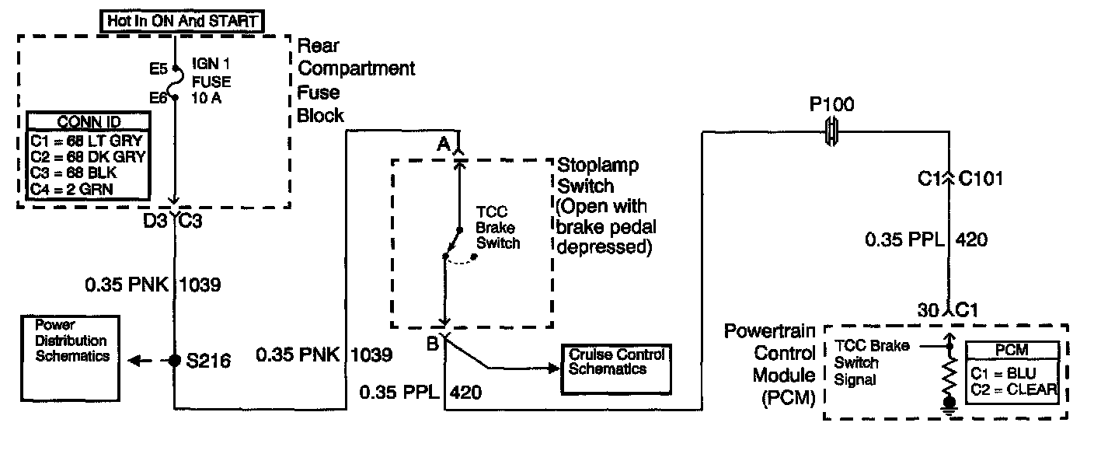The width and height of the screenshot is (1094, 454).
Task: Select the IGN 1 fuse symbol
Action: tap(176, 83)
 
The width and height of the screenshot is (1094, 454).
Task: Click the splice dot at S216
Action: tap(176, 361)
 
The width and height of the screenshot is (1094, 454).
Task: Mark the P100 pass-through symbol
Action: tap(831, 132)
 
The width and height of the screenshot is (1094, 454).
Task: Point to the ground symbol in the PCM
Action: tap(948, 403)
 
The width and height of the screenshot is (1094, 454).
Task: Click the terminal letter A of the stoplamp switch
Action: tap(443, 143)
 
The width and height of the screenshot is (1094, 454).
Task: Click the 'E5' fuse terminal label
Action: tap(159, 68)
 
